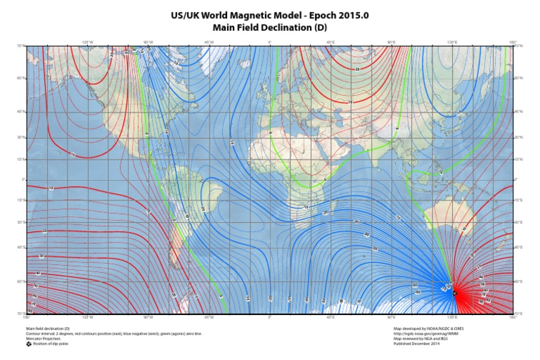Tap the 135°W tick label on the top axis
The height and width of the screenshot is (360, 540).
coord(88,42)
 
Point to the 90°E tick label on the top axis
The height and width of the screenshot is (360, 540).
coord(392,42)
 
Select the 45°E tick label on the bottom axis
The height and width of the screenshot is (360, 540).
coord(331,318)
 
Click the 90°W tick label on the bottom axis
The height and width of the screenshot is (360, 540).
coord(148,318)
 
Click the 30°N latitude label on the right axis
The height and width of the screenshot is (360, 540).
coord(518,138)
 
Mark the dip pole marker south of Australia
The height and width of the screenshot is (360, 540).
coord(455,292)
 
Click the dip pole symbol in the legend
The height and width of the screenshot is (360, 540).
coord(29,343)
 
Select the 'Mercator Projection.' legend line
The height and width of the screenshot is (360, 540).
coord(41,338)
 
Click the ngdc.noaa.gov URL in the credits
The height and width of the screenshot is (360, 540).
coord(425,333)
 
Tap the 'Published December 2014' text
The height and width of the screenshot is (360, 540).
coord(416,343)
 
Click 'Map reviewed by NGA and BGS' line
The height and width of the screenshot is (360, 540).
coord(420,338)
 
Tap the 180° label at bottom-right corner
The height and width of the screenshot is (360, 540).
coord(514,318)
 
